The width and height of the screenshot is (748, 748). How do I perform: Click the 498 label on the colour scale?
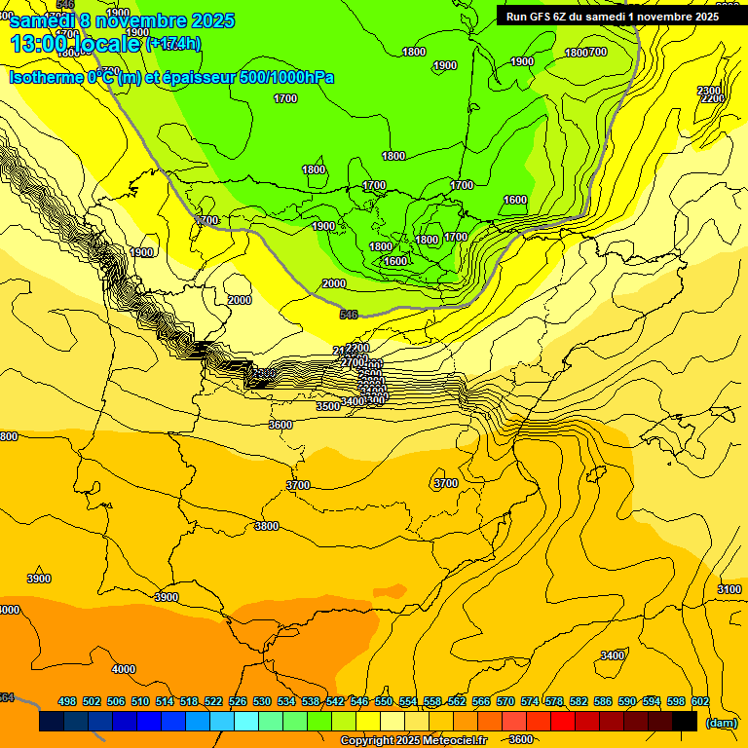click(67, 701)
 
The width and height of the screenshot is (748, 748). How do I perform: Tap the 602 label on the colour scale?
click(700, 701)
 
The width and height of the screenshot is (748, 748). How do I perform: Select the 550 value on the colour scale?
click(384, 701)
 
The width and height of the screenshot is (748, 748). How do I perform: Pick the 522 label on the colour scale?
click(213, 701)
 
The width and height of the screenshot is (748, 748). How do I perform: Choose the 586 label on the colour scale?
click(603, 701)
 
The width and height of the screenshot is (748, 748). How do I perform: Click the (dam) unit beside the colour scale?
click(721, 723)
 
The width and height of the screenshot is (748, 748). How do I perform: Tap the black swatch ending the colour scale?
click(685, 722)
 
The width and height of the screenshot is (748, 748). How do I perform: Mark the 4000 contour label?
click(124, 669)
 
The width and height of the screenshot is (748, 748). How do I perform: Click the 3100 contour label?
click(729, 589)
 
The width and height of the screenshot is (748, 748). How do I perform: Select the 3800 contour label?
click(266, 526)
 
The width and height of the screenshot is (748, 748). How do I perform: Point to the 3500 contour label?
click(328, 406)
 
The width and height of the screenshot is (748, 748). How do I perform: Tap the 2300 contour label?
click(709, 91)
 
